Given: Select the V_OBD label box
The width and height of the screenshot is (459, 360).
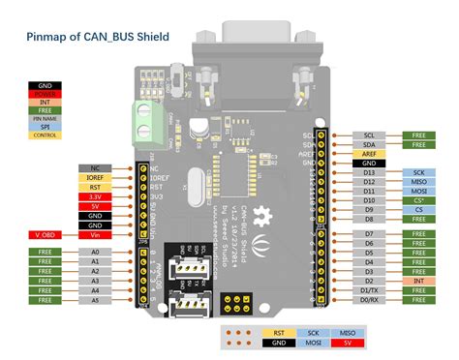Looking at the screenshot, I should pyautogui.click(x=45, y=232).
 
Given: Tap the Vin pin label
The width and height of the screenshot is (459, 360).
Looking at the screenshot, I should pyautogui.click(x=94, y=232).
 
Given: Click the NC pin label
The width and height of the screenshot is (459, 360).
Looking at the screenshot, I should pyautogui.click(x=94, y=167).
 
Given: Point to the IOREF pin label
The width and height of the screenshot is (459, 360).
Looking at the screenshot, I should pyautogui.click(x=94, y=178).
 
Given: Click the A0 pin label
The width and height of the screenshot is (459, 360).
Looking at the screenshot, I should pyautogui.click(x=94, y=252).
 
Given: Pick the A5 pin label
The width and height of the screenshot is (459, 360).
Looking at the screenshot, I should pyautogui.click(x=94, y=301).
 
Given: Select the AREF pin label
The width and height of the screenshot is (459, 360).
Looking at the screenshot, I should pyautogui.click(x=369, y=154).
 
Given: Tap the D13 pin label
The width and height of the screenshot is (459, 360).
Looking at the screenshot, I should pyautogui.click(x=369, y=171).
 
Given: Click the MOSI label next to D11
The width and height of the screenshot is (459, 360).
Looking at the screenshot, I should pyautogui.click(x=418, y=192).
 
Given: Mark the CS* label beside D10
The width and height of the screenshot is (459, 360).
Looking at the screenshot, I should pyautogui.click(x=418, y=201).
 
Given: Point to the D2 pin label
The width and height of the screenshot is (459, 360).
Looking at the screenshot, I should pyautogui.click(x=369, y=280).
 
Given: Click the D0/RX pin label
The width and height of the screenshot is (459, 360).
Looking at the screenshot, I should pyautogui.click(x=369, y=301).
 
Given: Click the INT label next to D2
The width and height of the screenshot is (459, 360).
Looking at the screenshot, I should pyautogui.click(x=418, y=280).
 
